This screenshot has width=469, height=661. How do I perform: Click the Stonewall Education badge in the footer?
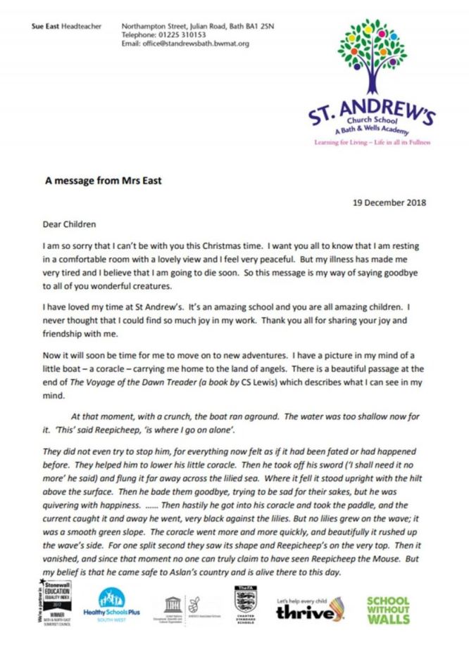point(54,609)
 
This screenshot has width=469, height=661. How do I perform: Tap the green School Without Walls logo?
point(387,610)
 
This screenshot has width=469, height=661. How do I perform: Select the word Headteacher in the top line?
point(81,27)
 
